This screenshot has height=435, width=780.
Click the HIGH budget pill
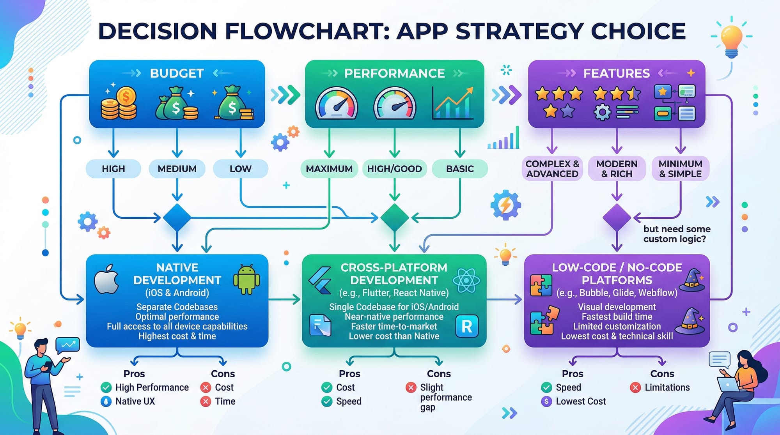pos(113,169)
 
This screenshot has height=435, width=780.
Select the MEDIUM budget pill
pos(177,169)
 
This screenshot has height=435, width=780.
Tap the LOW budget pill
pos(240,169)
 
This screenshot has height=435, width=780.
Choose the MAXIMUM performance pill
pos(329,169)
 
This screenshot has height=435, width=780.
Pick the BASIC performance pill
pos(460,169)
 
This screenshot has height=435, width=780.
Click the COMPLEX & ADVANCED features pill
pos(552,169)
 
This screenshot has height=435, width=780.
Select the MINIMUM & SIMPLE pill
pos(680,169)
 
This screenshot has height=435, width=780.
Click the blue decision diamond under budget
pos(177,217)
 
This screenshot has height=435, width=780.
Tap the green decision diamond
pos(394,217)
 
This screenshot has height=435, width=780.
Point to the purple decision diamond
pos(617,217)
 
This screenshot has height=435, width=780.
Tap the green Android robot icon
pos(246,280)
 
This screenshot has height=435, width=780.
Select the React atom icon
pos(466,281)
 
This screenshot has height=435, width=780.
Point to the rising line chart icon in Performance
pos(453,103)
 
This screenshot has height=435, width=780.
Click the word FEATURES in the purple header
pos(617,73)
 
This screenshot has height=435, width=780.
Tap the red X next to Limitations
pos(635,387)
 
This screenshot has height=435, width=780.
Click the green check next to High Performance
pos(106,387)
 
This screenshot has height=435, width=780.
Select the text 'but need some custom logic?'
pos(677,234)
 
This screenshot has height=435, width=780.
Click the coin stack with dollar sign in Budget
pos(119,103)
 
